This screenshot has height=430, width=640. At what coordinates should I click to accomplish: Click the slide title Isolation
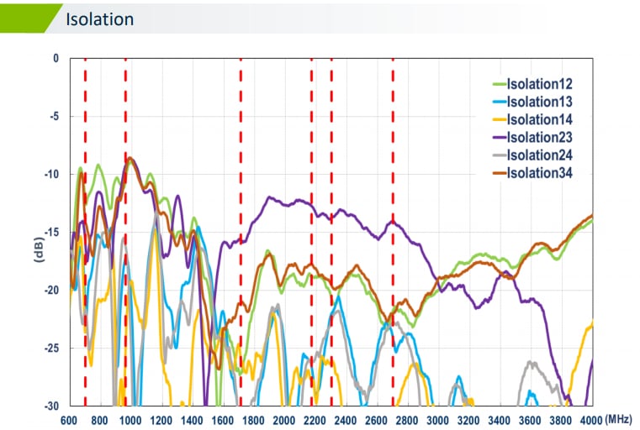pyautogui.click(x=99, y=18)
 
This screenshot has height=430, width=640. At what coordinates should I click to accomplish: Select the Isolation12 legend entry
pyautogui.click(x=540, y=84)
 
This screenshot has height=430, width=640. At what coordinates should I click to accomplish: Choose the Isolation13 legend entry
pyautogui.click(x=540, y=102)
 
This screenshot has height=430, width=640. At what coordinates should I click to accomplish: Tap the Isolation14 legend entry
pyautogui.click(x=540, y=119)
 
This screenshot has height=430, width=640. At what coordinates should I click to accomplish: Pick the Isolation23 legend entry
pyautogui.click(x=540, y=137)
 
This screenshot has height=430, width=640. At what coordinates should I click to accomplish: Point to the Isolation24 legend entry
pyautogui.click(x=540, y=155)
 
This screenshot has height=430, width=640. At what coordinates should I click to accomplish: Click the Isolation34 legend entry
pyautogui.click(x=540, y=173)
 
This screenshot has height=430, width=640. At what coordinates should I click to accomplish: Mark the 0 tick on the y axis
pyautogui.click(x=56, y=59)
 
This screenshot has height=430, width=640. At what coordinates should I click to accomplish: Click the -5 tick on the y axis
pyautogui.click(x=53, y=117)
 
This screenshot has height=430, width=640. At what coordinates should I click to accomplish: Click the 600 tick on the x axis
pyautogui.click(x=70, y=419)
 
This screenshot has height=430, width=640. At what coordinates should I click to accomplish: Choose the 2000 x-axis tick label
pyautogui.click(x=285, y=419)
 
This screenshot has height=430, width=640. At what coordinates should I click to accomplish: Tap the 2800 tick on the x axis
pyautogui.click(x=408, y=419)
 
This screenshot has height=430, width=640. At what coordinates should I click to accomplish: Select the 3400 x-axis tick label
pyautogui.click(x=500, y=419)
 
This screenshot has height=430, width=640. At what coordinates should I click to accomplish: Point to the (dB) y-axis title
pyautogui.click(x=38, y=249)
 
